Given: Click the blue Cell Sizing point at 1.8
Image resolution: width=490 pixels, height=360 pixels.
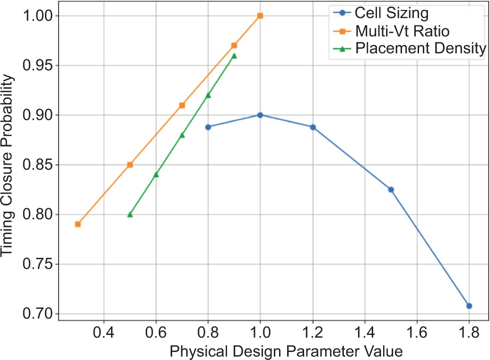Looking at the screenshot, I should [469, 306].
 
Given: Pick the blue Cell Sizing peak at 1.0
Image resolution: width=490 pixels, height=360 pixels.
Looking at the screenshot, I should [260, 115].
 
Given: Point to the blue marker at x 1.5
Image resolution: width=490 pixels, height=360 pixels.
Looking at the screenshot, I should [391, 190].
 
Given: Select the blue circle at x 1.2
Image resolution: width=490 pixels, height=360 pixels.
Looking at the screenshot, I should [313, 127].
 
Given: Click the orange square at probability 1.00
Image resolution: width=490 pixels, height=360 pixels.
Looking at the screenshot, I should [260, 16].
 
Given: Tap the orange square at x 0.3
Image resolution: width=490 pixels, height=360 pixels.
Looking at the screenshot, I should [78, 224].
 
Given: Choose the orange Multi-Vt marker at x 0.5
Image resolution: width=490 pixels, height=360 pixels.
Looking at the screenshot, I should [130, 165].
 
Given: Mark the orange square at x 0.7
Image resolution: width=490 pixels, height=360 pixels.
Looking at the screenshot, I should [182, 105].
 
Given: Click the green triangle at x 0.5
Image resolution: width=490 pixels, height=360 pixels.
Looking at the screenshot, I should [130, 215].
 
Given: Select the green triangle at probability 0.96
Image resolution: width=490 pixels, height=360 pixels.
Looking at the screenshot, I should [234, 56].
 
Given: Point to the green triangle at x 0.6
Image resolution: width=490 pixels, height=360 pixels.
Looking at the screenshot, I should [156, 175].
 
